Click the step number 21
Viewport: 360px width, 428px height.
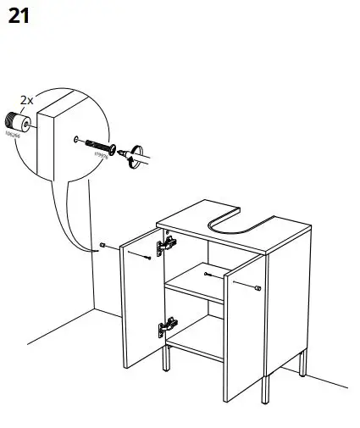click(19, 16)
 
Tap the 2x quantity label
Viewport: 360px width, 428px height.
click(26, 100)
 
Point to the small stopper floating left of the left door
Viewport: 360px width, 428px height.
click(102, 247)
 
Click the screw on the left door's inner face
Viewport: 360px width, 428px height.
click(147, 258)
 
